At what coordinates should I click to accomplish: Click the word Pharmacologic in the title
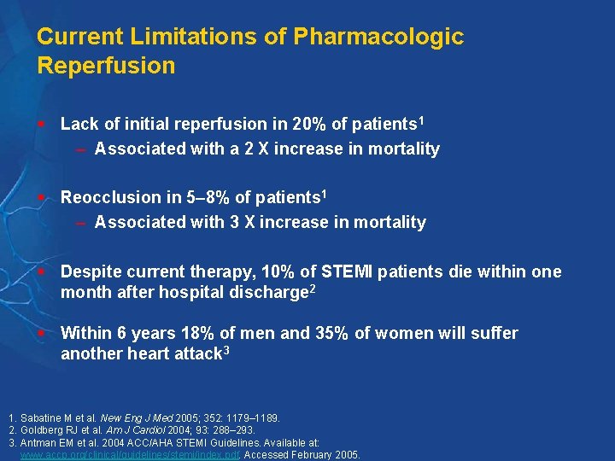pyautogui.click(x=378, y=37)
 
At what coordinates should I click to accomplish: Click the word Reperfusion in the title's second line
pyautogui.click(x=106, y=66)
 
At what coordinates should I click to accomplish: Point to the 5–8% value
pyautogui.click(x=208, y=197)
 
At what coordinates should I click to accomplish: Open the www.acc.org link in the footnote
pyautogui.click(x=128, y=455)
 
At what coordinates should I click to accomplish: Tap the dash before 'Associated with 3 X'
pyautogui.click(x=80, y=223)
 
